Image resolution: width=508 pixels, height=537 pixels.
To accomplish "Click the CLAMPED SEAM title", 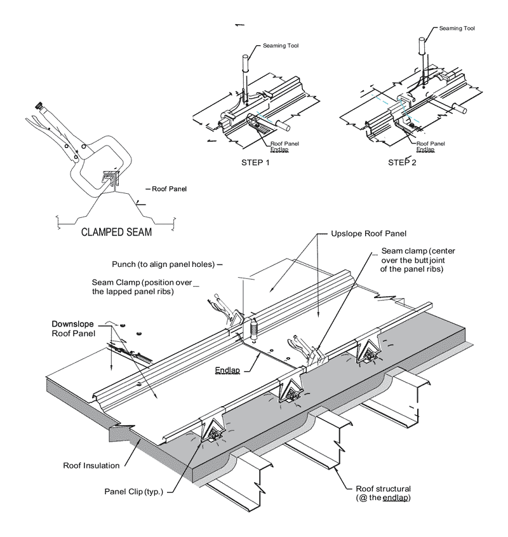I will click(116, 232).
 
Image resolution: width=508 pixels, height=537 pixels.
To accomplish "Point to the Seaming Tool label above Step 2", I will click(457, 28).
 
